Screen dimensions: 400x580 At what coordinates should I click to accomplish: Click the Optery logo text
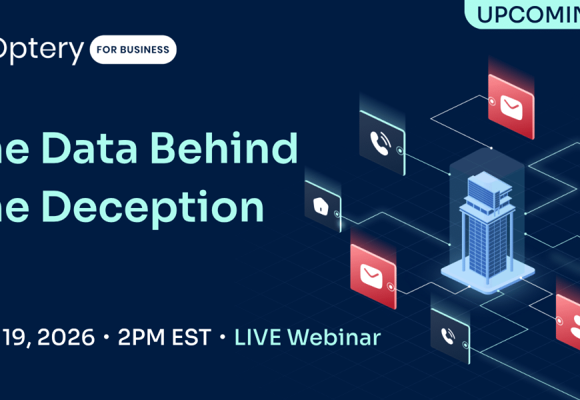[41, 50]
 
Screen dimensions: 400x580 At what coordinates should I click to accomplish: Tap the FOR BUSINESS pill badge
[133, 49]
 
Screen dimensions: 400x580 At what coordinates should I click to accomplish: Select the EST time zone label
[193, 337]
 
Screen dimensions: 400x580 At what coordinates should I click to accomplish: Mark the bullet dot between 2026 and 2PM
[107, 338]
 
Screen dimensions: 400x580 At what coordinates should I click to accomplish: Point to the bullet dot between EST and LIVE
[223, 338]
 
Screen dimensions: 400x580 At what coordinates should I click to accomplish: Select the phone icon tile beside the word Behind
[382, 143]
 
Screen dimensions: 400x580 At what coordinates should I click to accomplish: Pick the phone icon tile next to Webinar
[450, 336]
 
